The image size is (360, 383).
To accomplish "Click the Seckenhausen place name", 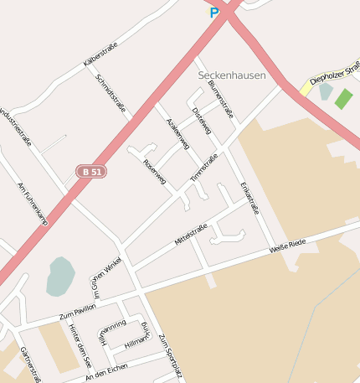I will [232, 75].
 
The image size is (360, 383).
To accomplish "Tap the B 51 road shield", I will [91, 171].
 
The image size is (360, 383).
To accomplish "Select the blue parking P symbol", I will [214, 12].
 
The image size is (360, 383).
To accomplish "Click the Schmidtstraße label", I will [111, 92].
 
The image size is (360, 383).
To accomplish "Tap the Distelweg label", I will [202, 122].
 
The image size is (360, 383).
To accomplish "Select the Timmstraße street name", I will [203, 168].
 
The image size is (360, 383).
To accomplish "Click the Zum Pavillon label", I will [80, 313].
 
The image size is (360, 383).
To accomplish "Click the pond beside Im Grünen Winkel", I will [59, 276].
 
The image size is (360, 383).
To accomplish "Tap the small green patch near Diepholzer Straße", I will [343, 98].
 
